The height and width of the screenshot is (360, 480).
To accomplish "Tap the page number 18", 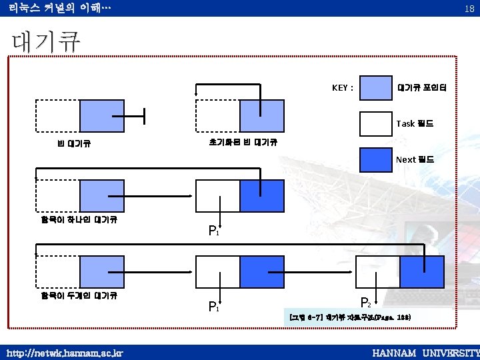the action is click(469, 8).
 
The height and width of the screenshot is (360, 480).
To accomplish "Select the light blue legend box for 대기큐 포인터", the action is click(375, 88).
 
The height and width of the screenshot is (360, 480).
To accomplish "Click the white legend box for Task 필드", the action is click(375, 123).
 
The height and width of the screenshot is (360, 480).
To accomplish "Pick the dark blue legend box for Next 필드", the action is click(375, 159).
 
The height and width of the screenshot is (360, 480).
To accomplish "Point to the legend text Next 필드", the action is click(415, 159).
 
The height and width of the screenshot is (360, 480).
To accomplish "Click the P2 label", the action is click(365, 302).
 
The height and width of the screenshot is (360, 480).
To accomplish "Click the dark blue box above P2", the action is click(422, 272).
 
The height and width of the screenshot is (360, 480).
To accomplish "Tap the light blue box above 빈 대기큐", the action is click(101, 116).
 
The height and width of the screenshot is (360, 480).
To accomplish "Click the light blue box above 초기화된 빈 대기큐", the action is click(262, 116).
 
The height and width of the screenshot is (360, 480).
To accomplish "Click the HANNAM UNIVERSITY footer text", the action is click(425, 352).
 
